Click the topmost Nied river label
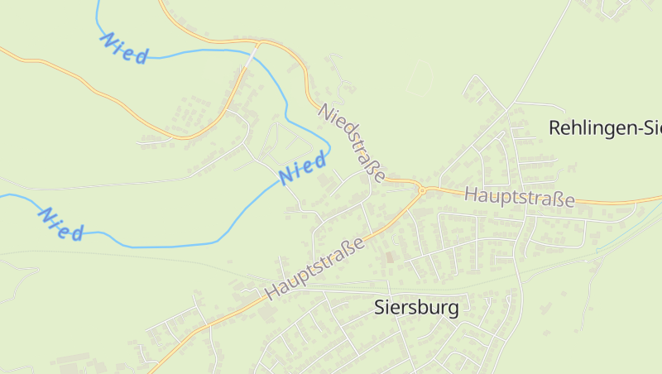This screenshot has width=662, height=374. click(124, 48)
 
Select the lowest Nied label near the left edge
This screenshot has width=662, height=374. click(61, 224)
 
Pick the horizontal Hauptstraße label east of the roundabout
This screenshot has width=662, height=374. click(520, 198)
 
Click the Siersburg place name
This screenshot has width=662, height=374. click(416, 308)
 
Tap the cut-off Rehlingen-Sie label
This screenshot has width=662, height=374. click(605, 127)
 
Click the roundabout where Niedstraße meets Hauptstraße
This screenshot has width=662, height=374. click(421, 189)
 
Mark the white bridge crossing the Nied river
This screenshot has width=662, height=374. click(255, 51)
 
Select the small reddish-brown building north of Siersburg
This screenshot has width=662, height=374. click(390, 257)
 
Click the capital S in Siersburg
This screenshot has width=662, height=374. click(381, 308)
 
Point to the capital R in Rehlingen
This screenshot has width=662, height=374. click(555, 127)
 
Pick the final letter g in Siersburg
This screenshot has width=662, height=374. click(452, 310)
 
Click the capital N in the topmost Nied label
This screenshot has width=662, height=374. click(107, 38)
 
